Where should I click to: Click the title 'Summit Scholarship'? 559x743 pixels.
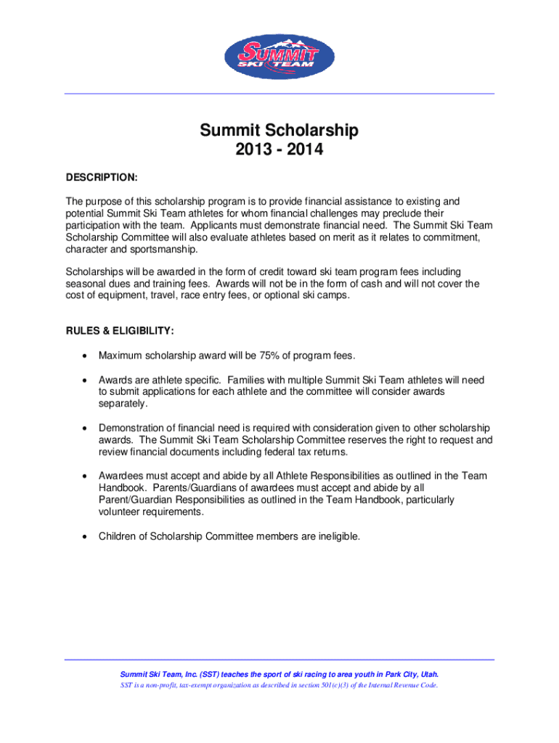[279, 131]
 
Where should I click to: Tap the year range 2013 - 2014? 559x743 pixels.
[279, 151]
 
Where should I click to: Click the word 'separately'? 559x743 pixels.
[123, 403]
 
